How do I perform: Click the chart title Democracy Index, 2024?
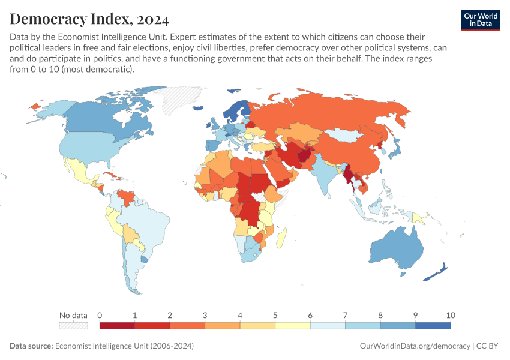tap(89, 19)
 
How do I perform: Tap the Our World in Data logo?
tap(480, 19)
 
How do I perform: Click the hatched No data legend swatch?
tap(73, 326)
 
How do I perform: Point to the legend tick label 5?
tap(275, 315)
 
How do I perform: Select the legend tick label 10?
tap(450, 315)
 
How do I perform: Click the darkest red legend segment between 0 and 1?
tap(117, 326)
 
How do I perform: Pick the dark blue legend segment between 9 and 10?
tap(433, 326)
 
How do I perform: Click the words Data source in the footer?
tap(31, 346)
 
